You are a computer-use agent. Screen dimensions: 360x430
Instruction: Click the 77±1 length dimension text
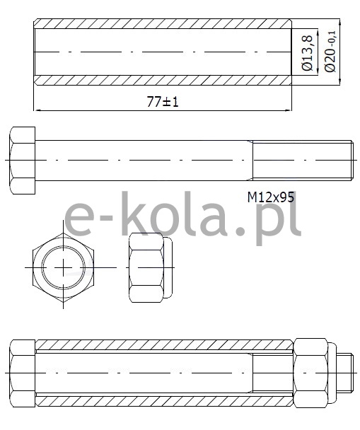[163, 102]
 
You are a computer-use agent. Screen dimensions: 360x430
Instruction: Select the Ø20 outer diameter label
[330, 52]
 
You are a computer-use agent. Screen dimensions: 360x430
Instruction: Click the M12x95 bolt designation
[271, 197]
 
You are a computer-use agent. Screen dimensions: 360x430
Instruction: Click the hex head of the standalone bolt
[23, 161]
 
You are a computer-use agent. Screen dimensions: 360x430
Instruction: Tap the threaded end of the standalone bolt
[303, 161]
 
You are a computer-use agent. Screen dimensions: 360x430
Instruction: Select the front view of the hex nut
[63, 267]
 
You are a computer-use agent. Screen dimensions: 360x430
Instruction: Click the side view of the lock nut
[151, 267]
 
